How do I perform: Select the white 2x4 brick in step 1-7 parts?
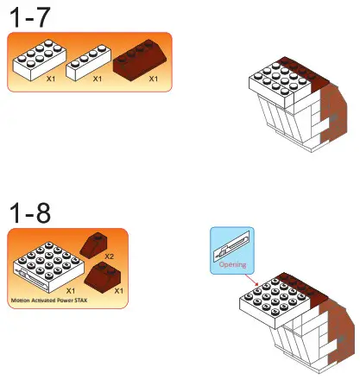[x=36, y=58]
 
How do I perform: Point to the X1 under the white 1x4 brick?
[x=98, y=79]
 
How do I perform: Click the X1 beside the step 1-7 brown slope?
[x=154, y=79]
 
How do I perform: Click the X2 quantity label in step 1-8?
[x=110, y=256]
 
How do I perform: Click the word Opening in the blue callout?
[x=232, y=265]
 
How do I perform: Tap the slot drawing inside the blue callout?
[x=232, y=246]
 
